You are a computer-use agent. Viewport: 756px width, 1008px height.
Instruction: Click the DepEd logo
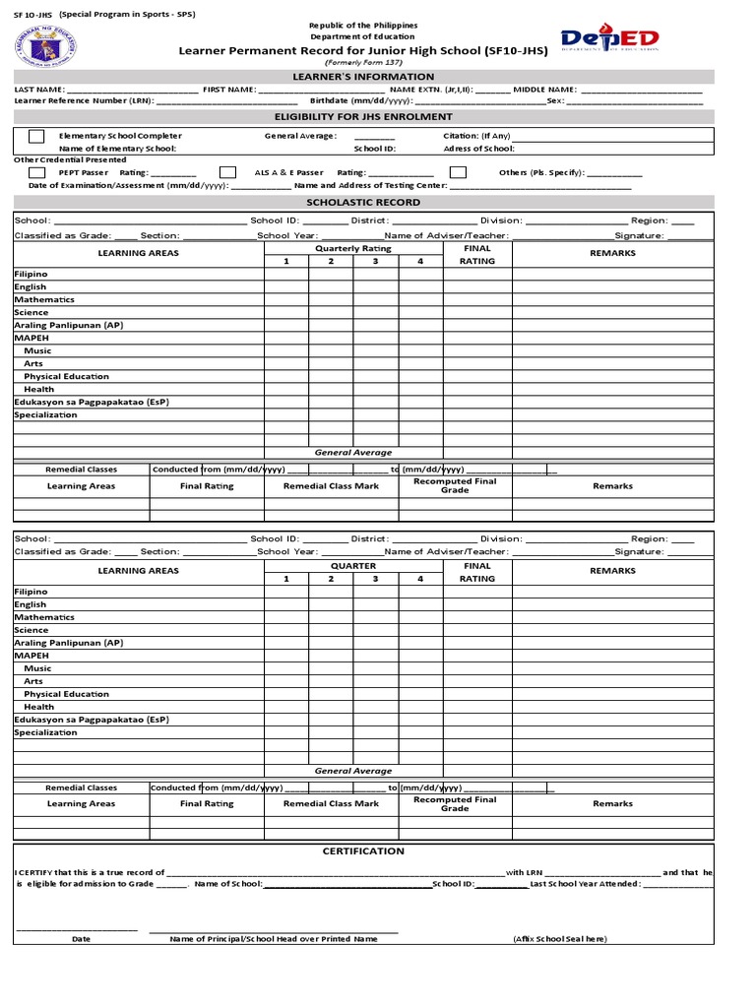(609, 39)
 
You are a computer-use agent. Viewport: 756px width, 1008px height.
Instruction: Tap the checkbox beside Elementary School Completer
(36, 136)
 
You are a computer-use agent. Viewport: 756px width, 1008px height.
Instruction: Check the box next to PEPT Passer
(36, 172)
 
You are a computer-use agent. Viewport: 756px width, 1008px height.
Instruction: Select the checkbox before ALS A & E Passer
(227, 172)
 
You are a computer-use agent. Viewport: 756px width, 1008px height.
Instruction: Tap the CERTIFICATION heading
(363, 850)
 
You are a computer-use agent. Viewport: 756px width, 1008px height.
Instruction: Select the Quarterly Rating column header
(352, 248)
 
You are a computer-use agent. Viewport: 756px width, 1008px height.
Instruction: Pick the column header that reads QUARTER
(352, 566)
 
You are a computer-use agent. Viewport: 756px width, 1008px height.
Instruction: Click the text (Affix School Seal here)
(559, 939)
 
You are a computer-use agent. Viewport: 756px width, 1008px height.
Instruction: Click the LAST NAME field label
(33, 89)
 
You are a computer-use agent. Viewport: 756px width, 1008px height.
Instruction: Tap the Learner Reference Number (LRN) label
(84, 100)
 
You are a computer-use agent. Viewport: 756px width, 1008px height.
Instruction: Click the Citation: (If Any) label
(476, 136)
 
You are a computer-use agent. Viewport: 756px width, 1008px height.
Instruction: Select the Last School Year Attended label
(586, 884)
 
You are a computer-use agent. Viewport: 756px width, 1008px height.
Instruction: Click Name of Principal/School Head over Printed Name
(274, 939)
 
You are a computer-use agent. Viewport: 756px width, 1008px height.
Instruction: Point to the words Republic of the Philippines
(363, 25)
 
